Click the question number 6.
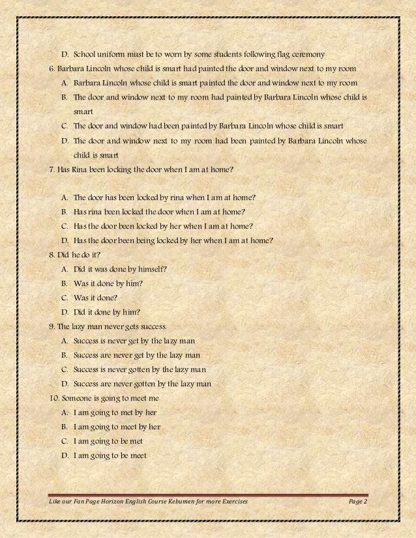52,68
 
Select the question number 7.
52,169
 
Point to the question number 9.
52,326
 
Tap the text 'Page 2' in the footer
358,502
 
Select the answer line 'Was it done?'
100,298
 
